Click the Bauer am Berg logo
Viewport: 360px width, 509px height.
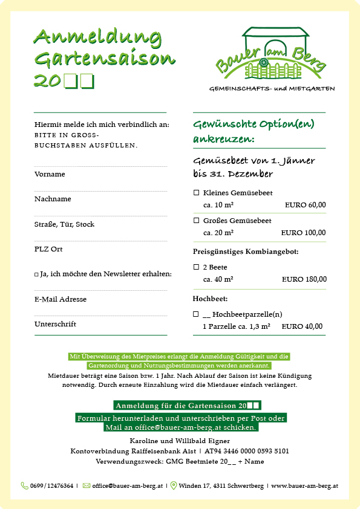click(272, 54)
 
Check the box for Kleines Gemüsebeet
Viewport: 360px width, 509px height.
click(196, 193)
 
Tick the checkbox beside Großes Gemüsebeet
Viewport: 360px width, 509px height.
click(196, 221)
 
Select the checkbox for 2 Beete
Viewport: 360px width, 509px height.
click(196, 267)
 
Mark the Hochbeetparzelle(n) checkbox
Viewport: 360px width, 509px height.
click(196, 314)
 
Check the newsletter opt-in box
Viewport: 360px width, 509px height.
click(37, 274)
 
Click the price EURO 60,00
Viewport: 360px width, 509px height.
click(305, 205)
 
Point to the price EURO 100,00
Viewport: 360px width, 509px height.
click(303, 233)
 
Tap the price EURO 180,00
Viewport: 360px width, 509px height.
click(304, 279)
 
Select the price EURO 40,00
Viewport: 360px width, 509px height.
click(302, 326)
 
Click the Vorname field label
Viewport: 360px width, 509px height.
click(50, 174)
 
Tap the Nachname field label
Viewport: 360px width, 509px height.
click(53, 199)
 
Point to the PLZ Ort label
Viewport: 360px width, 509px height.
click(48, 249)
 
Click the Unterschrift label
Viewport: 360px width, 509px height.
click(55, 324)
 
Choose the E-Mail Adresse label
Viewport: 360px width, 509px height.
click(61, 299)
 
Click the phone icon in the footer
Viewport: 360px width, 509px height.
click(25, 485)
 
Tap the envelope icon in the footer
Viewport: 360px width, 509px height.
click(87, 485)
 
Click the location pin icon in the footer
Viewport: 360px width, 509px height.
click(174, 485)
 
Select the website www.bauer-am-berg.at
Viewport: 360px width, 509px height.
click(304, 485)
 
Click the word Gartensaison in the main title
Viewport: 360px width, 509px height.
click(105, 59)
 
